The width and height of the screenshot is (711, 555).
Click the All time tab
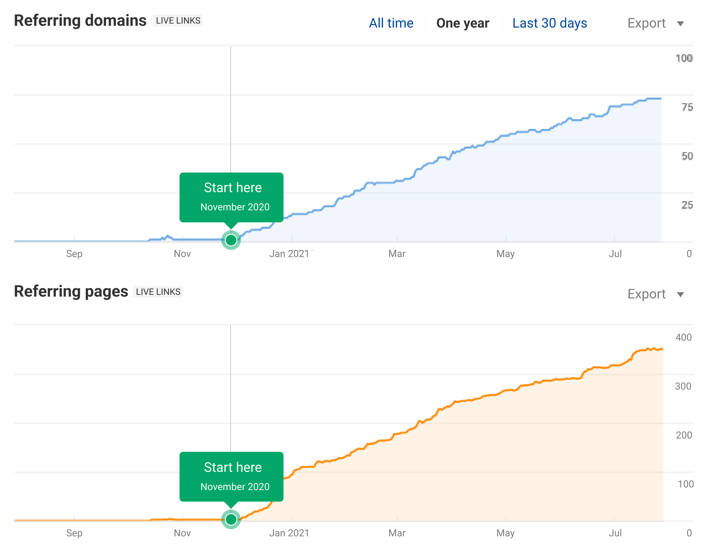click(391, 23)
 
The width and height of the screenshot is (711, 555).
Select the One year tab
click(463, 23)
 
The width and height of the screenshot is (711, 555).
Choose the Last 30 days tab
click(549, 23)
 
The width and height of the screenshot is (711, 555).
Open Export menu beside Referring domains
click(655, 23)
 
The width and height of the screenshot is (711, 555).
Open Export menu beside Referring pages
click(655, 294)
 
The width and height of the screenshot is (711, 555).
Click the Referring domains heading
click(80, 20)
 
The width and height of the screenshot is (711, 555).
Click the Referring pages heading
click(71, 292)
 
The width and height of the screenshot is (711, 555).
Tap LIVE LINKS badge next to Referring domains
click(178, 20)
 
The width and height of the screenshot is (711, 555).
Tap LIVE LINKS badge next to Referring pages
click(158, 292)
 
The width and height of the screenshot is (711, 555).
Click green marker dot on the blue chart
click(231, 240)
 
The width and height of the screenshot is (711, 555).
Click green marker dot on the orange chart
click(231, 519)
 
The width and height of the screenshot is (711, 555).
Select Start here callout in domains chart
click(232, 197)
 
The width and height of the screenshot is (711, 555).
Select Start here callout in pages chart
click(232, 477)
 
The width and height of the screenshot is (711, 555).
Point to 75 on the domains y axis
click(687, 107)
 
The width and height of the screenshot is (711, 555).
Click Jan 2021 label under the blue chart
click(289, 254)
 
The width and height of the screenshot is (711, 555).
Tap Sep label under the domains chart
click(74, 254)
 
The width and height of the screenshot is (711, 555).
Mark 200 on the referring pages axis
click(684, 435)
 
